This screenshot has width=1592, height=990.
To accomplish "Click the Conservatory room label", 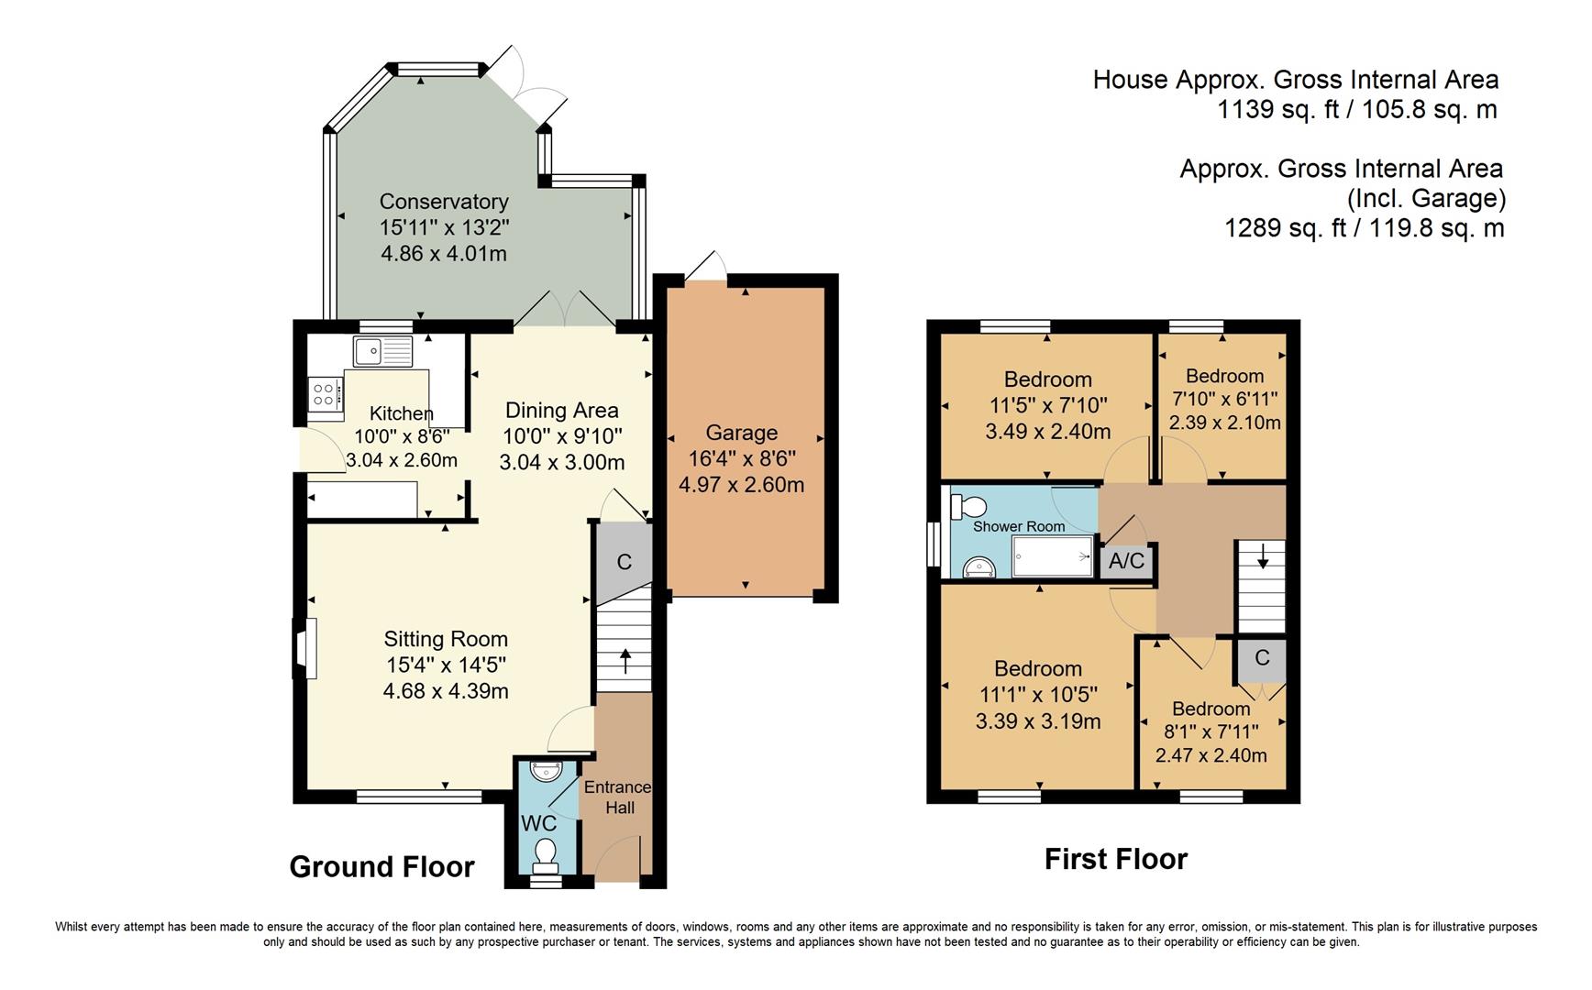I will pyautogui.click(x=444, y=202).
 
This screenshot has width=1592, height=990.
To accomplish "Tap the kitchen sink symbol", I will pyautogui.click(x=382, y=350).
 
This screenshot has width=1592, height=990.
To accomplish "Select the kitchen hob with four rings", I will pyautogui.click(x=325, y=394).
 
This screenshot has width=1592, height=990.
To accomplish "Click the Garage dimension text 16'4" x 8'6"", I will pyautogui.click(x=741, y=458).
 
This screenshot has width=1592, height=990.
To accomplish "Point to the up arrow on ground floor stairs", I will pyautogui.click(x=625, y=661).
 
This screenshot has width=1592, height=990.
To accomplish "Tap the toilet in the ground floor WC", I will pyautogui.click(x=546, y=852).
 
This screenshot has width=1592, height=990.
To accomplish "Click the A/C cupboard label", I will pyautogui.click(x=1126, y=560).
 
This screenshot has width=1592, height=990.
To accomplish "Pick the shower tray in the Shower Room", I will pyautogui.click(x=1053, y=555).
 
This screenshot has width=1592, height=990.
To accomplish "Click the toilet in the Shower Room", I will pyautogui.click(x=969, y=506).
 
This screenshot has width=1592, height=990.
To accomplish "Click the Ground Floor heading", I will pyautogui.click(x=381, y=867).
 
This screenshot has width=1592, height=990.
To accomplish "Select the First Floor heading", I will pyautogui.click(x=1115, y=859).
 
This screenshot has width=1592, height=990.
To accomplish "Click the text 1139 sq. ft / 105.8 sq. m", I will pyautogui.click(x=1356, y=110).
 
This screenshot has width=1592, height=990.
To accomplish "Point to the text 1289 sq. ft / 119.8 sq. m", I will pyautogui.click(x=1364, y=227).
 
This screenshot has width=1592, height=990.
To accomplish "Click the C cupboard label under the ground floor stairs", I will pyautogui.click(x=624, y=562).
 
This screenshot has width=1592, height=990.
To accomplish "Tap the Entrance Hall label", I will pyautogui.click(x=618, y=797).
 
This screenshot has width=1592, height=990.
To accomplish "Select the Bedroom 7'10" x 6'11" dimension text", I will pyautogui.click(x=1224, y=400).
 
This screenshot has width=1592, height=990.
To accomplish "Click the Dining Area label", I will pyautogui.click(x=561, y=411).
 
